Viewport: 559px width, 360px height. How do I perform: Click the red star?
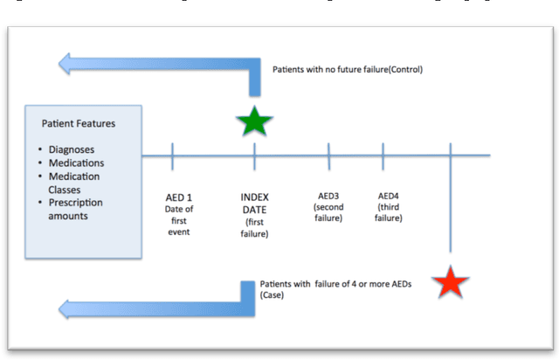pos(451,282)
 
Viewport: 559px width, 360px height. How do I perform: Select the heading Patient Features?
pos(79,124)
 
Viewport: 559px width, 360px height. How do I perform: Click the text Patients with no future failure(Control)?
pos(347,69)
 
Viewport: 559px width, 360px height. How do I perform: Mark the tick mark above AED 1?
pos(172,157)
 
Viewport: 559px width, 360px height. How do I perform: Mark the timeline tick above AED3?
pos(329,157)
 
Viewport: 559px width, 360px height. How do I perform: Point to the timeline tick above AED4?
pos(383,157)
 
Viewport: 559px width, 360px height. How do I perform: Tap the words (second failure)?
pos(329,212)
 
